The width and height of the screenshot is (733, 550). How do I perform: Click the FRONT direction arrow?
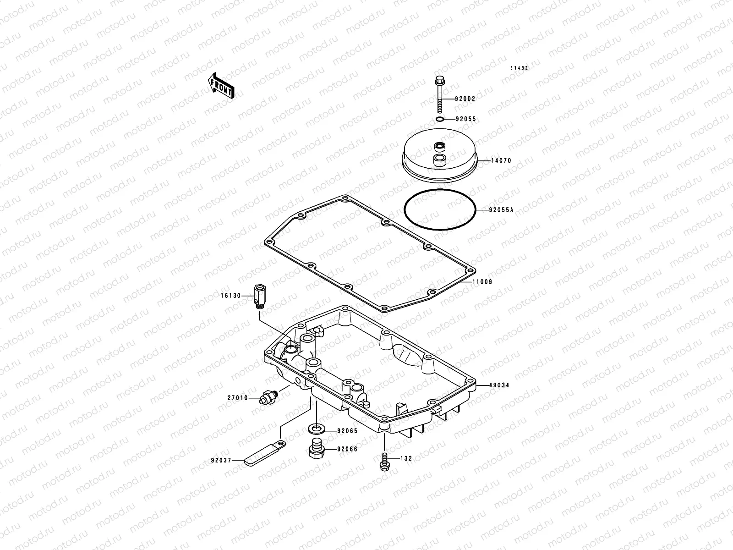point(221,85)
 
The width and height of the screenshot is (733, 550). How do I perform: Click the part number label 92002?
point(465,99)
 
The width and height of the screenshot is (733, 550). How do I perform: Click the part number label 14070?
point(501,161)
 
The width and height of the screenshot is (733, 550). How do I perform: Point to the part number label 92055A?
point(501,210)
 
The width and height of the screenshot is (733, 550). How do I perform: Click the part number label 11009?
point(482,282)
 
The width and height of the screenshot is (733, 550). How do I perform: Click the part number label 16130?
point(230,296)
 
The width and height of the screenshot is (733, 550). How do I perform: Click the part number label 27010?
point(237,398)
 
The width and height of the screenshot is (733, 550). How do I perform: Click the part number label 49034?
point(498,385)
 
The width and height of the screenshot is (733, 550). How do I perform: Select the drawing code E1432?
point(520,68)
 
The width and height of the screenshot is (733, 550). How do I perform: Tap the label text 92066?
point(347,450)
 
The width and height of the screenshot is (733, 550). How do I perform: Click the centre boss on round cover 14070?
point(439,147)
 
